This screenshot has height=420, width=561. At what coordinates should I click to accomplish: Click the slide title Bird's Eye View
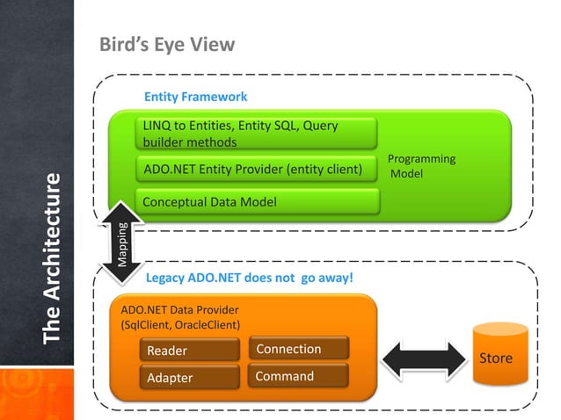pos(167,45)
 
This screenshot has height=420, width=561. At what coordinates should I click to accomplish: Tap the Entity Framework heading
pos(195,97)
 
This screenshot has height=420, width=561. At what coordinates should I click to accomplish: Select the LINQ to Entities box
pos(257,134)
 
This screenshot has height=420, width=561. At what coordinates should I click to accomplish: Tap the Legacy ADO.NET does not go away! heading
pos(249,279)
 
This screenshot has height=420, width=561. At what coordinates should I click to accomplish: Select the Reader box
pos(189,350)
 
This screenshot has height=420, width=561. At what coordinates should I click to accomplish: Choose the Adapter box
pos(189,378)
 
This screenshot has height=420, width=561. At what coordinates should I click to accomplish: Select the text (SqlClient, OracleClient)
pos(180,324)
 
